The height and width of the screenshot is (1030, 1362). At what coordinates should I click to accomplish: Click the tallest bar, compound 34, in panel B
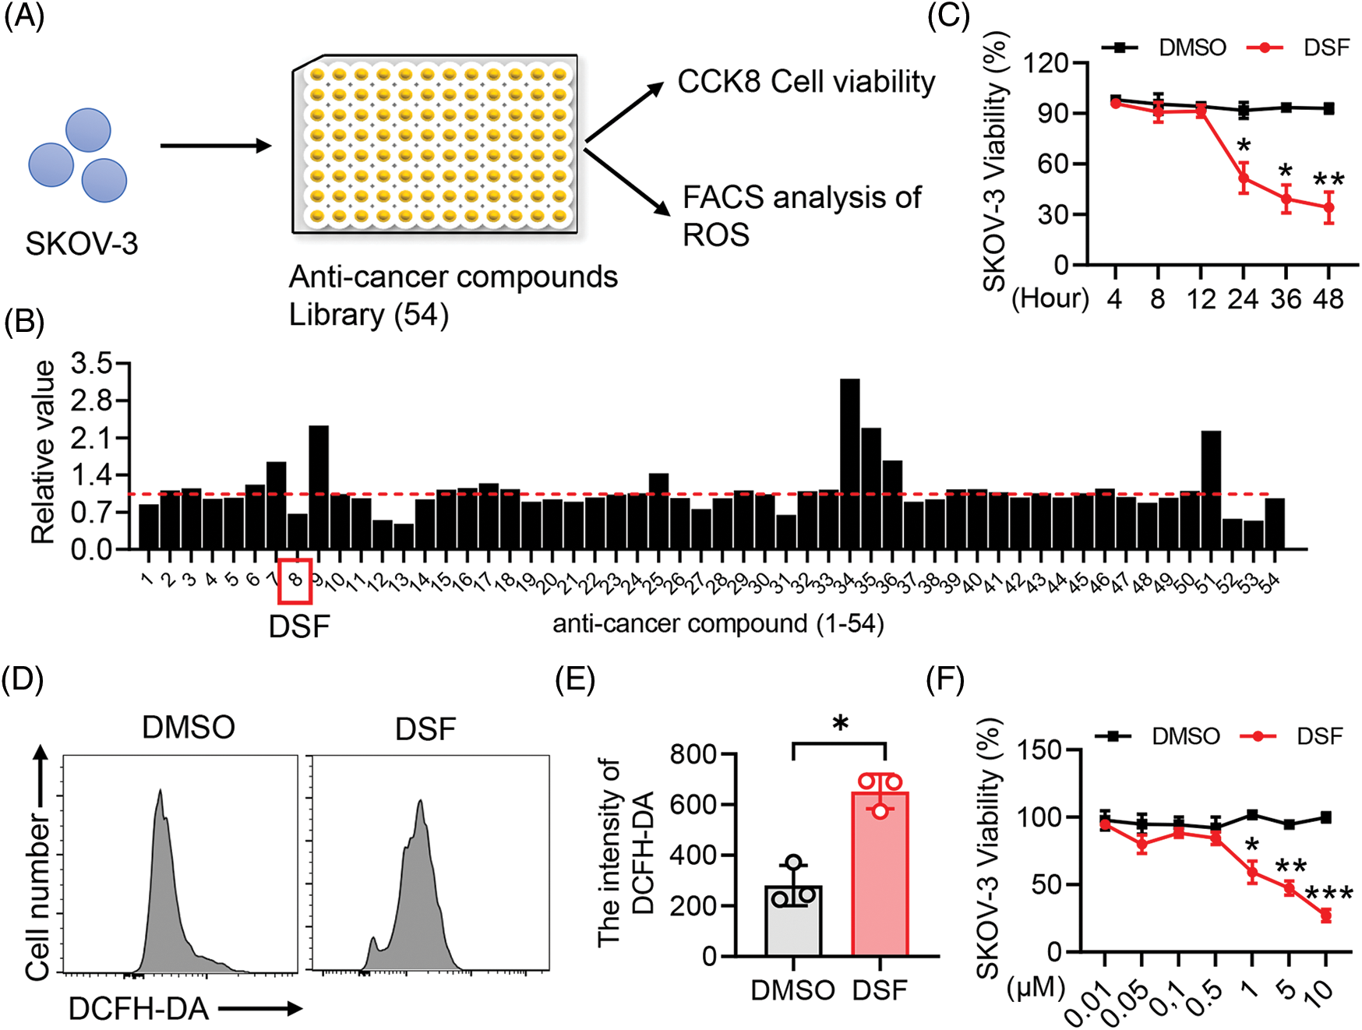click(849, 464)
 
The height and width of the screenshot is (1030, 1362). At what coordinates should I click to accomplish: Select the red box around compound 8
click(295, 580)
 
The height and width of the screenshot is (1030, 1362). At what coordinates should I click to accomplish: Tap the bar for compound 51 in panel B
click(1211, 489)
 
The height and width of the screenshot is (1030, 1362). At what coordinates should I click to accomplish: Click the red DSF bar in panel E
click(880, 873)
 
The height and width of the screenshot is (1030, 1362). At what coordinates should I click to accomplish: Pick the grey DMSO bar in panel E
click(793, 919)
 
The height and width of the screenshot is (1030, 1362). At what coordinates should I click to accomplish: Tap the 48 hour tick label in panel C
click(1328, 298)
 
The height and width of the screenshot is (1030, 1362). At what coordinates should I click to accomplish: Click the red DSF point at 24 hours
click(1244, 179)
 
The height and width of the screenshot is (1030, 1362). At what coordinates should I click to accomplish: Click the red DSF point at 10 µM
click(1325, 915)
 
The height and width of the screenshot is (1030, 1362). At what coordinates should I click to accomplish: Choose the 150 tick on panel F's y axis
click(1044, 750)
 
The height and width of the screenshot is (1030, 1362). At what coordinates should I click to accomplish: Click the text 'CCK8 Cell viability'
click(806, 82)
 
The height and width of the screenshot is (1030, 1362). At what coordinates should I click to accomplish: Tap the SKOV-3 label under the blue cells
click(82, 244)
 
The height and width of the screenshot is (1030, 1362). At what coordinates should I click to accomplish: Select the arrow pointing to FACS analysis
click(626, 181)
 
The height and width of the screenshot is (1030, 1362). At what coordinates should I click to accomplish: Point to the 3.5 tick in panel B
click(91, 364)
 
